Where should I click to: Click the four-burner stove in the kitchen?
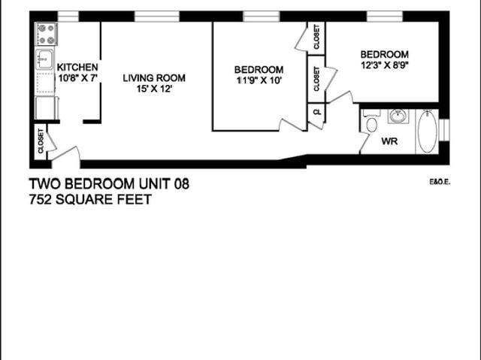[47, 34]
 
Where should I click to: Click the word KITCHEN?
[77, 67]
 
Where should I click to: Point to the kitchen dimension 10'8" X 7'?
[77, 77]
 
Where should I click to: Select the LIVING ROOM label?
[154, 77]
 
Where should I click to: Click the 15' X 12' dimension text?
[154, 89]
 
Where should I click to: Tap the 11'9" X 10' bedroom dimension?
[259, 81]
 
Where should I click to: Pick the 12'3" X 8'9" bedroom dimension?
[384, 65]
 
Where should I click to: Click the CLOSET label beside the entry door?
[40, 141]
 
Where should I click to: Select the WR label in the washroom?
[389, 141]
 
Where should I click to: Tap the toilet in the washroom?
[371, 124]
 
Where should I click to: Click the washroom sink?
[398, 116]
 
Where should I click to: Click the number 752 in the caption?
[41, 199]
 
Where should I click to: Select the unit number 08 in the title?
[181, 183]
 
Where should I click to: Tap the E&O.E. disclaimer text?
[439, 181]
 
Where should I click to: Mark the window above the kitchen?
[68, 16]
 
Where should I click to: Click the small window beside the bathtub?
[444, 129]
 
